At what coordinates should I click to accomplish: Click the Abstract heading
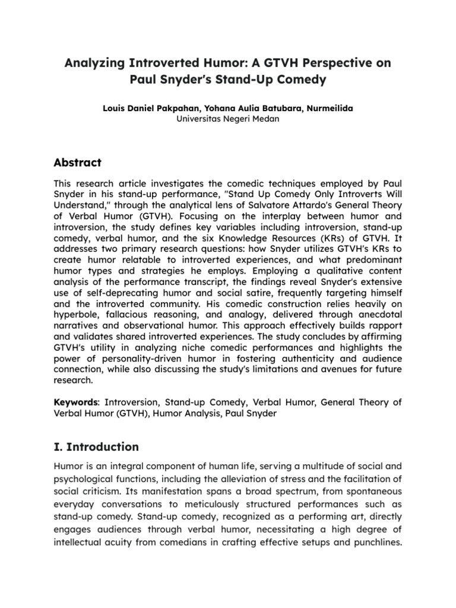78,163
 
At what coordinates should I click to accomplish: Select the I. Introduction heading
96,446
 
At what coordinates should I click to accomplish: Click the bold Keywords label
74,402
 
